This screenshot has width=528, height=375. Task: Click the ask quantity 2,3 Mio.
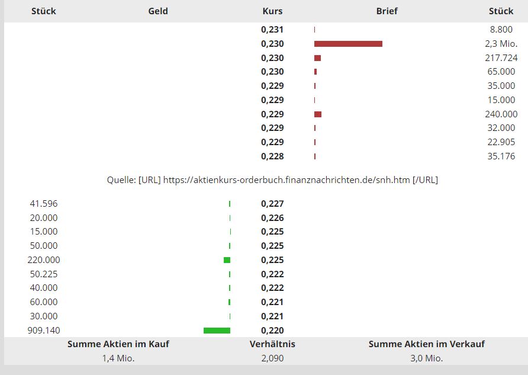point(501,44)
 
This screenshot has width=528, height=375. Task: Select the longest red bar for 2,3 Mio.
point(348,44)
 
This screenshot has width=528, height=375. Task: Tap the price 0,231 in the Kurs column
point(272,30)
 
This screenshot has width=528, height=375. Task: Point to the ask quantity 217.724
point(501,58)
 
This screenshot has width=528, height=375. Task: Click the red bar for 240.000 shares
point(318,114)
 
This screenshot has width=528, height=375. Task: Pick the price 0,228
point(272,156)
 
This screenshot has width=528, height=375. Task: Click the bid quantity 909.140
point(44,331)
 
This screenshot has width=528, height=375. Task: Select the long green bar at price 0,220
point(217,331)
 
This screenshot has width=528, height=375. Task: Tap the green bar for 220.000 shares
point(227,260)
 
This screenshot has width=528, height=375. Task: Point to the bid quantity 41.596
point(44,204)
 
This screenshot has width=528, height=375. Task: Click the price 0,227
point(272,204)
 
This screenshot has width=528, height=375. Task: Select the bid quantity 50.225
point(44,274)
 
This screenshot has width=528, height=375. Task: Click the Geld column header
point(158,11)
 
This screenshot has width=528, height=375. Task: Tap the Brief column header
point(387,11)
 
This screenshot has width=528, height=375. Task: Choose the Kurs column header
point(272,11)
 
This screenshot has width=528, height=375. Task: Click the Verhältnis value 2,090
point(272,358)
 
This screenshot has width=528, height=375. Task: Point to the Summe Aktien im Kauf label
point(118,344)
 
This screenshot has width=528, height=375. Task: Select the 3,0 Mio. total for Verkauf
point(426,358)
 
